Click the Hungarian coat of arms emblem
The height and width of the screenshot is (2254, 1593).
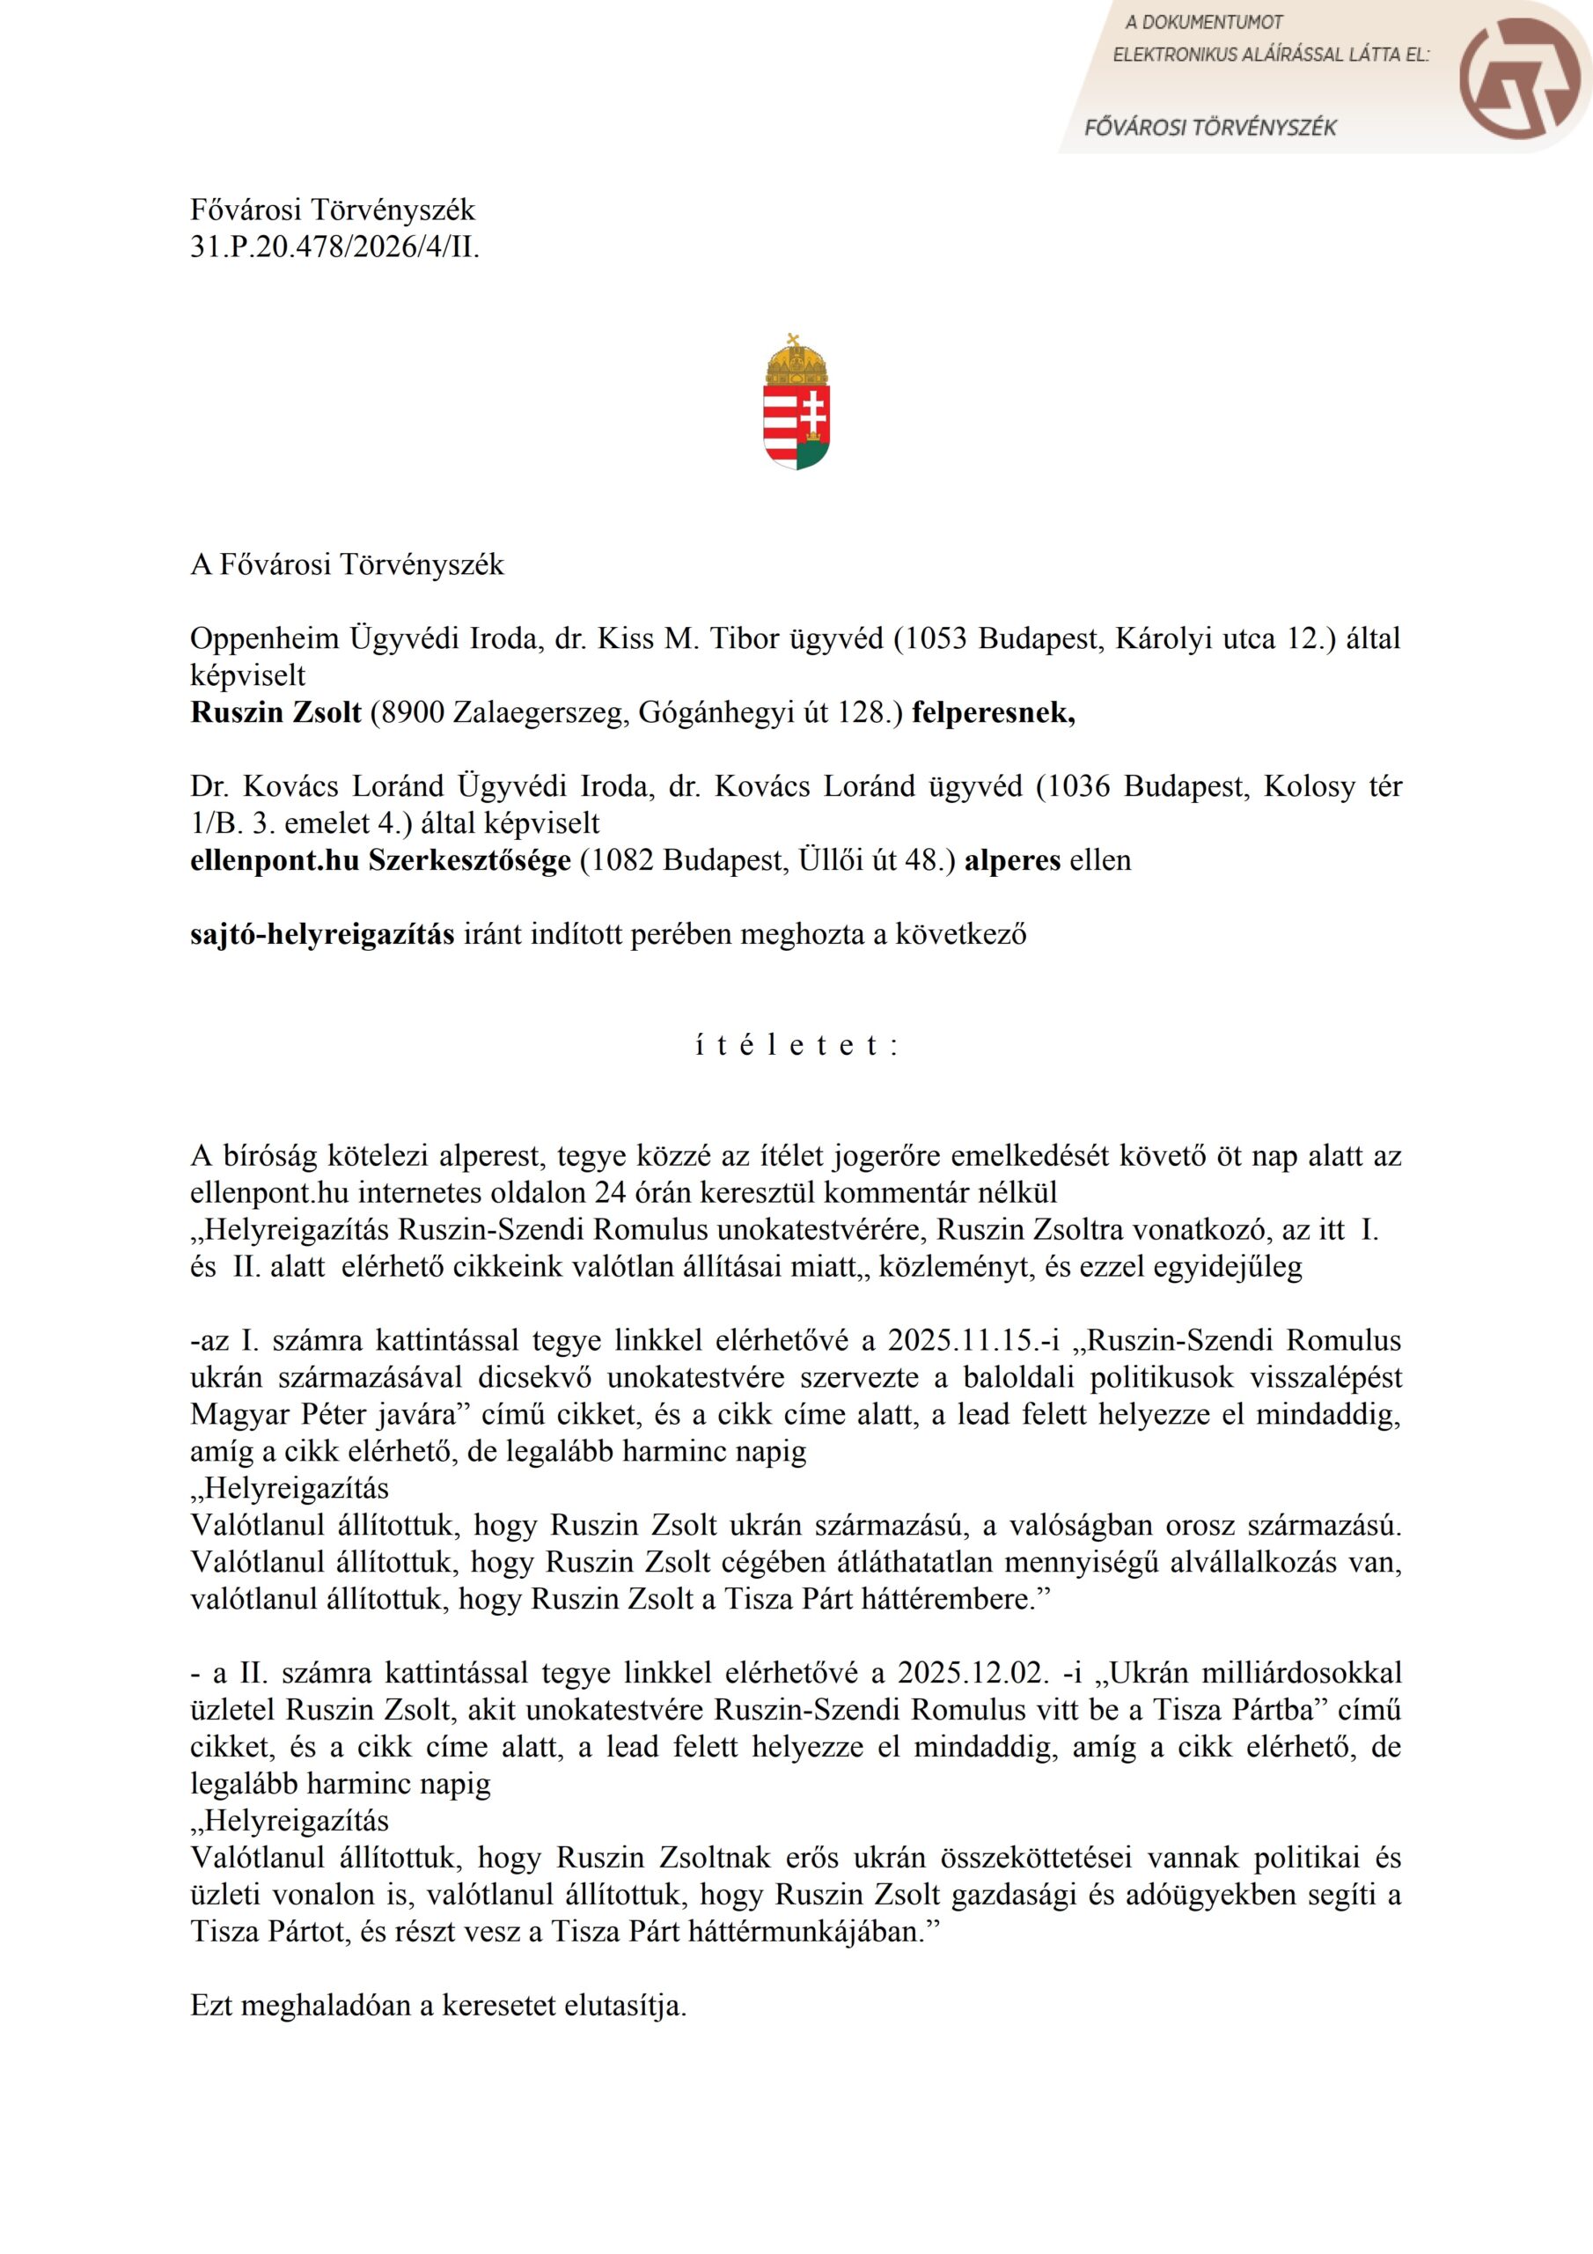(796, 401)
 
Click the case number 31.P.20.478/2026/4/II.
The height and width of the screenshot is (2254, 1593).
(334, 247)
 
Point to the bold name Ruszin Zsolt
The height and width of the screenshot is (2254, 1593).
(275, 711)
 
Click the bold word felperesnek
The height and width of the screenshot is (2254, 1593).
(994, 711)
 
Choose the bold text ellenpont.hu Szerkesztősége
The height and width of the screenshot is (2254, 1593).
(380, 860)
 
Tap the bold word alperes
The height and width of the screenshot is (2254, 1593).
(1012, 860)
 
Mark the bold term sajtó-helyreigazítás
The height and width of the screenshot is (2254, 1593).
(322, 933)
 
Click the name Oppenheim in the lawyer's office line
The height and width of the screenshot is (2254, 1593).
(265, 638)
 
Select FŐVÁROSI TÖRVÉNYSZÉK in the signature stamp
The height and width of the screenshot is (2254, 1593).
(1209, 127)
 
